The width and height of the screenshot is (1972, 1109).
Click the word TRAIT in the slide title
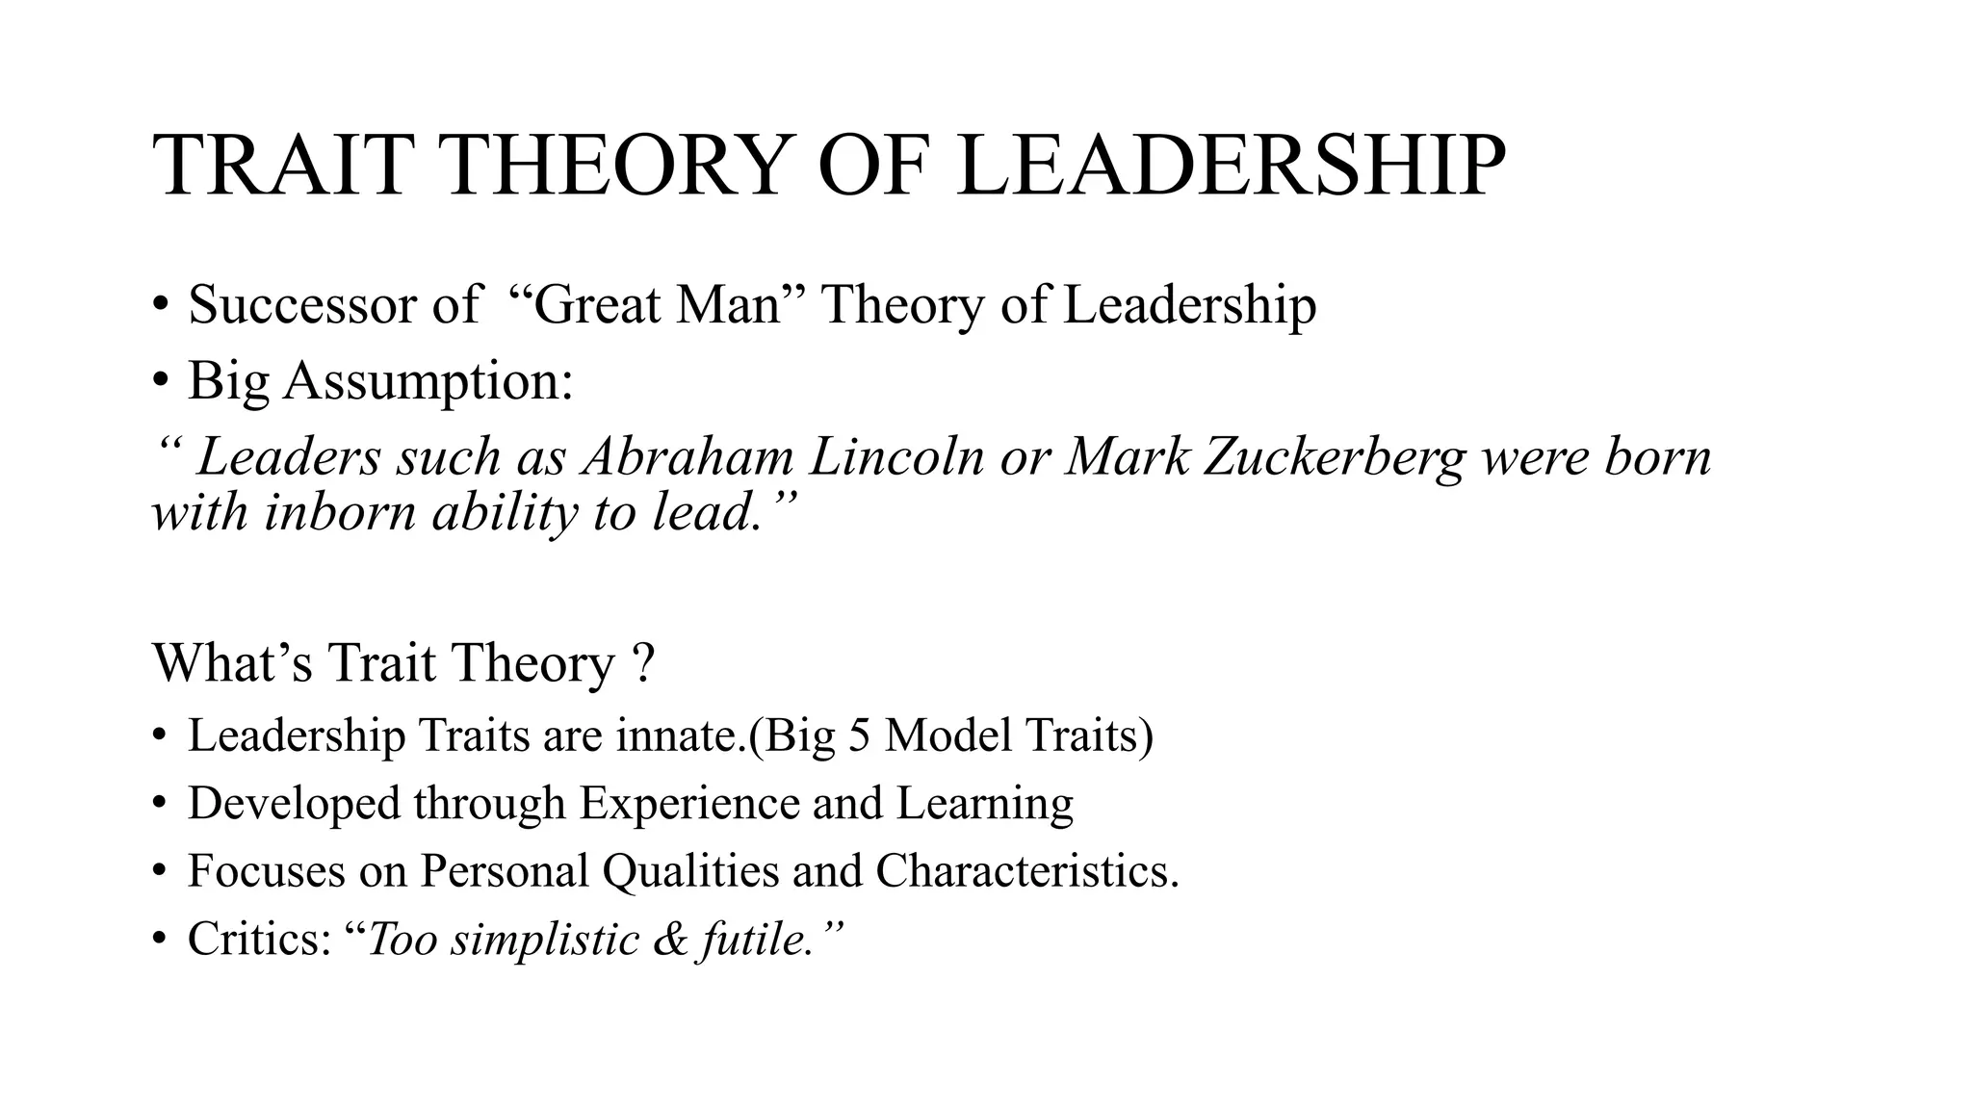click(x=279, y=167)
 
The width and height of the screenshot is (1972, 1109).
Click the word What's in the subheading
click(x=232, y=663)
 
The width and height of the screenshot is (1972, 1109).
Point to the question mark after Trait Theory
click(x=645, y=663)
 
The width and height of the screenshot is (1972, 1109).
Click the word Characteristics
click(x=1026, y=871)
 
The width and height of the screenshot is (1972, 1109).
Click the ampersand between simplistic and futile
click(x=670, y=939)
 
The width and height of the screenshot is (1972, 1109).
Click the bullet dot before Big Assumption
click(x=160, y=381)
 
